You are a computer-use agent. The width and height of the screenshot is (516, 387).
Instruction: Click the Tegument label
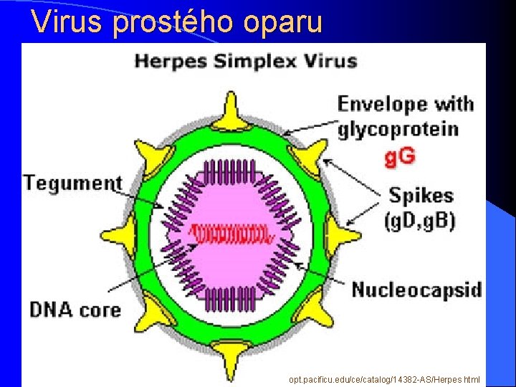(x=72, y=182)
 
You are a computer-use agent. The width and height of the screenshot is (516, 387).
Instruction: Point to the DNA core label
(x=75, y=310)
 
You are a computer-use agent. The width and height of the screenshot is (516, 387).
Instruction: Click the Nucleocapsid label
(x=416, y=290)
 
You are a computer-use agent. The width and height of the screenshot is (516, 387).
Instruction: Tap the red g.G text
(x=400, y=156)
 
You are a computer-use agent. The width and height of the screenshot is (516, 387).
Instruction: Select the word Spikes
(x=421, y=195)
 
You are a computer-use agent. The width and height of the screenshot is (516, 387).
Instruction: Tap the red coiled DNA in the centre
(x=230, y=234)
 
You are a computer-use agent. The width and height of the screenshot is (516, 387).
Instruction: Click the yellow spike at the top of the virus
(x=230, y=110)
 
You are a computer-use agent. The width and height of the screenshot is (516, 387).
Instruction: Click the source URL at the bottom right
(x=384, y=379)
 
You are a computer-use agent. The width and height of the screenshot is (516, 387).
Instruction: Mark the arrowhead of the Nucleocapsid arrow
(x=295, y=266)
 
